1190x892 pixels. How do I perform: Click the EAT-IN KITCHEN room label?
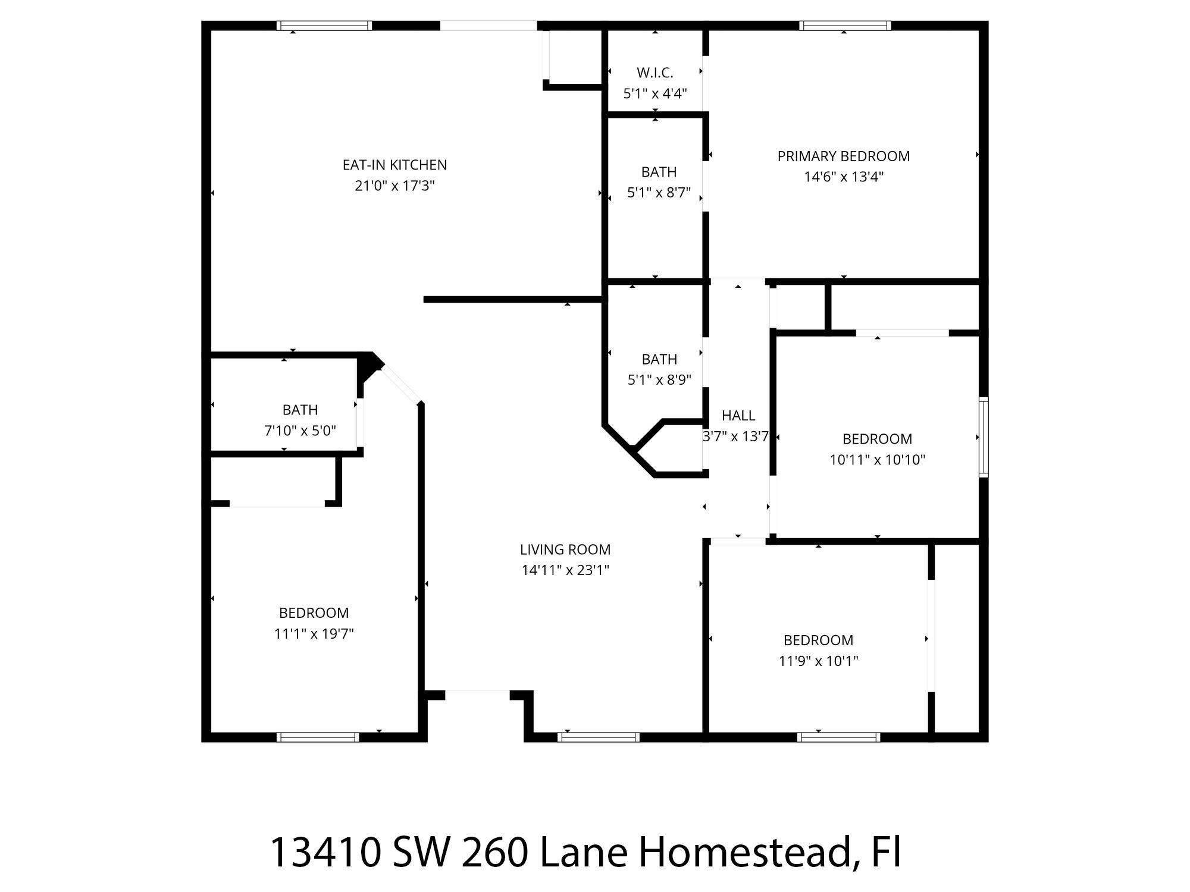click(394, 165)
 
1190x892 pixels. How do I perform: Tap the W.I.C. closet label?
click(654, 73)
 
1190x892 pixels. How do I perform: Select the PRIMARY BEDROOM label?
click(843, 156)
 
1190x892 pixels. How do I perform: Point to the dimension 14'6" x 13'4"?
click(843, 177)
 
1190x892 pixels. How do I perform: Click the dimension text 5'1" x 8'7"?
click(659, 193)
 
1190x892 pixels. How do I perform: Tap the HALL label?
click(738, 416)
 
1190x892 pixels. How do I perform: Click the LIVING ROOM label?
click(565, 549)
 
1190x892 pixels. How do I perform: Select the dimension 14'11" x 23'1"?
click(565, 570)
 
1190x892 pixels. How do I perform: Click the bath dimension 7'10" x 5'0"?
click(300, 431)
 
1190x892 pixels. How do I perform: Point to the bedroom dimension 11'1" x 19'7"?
click(314, 634)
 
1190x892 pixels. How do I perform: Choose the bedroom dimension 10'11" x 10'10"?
click(877, 460)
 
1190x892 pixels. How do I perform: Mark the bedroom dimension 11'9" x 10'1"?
click(818, 661)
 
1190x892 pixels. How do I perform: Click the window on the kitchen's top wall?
click(324, 26)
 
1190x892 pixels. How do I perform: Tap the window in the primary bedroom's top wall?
click(845, 26)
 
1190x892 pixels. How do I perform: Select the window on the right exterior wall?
click(984, 437)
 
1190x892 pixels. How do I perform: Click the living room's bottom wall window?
click(599, 737)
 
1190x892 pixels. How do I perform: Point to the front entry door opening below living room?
click(477, 692)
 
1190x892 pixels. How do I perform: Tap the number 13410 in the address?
click(325, 853)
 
